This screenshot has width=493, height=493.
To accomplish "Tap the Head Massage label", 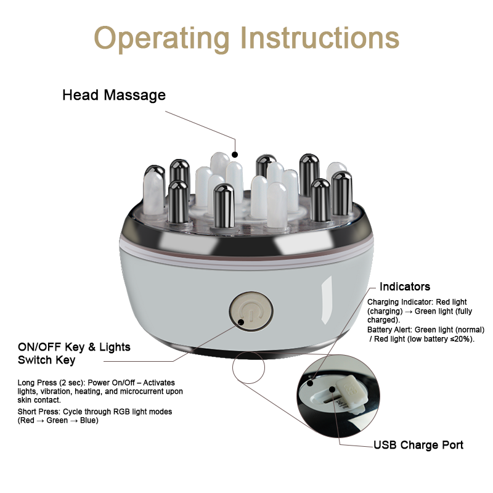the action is pyautogui.click(x=114, y=96).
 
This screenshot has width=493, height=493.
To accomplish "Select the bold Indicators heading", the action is pyautogui.click(x=405, y=287).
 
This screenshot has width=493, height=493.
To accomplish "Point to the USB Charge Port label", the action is pyautogui.click(x=418, y=445).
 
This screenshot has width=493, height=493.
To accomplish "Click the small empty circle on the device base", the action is pyautogui.click(x=248, y=371).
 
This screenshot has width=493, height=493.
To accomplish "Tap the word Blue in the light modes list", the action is pyautogui.click(x=89, y=421).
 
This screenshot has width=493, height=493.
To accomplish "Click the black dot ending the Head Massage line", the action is pyautogui.click(x=234, y=153).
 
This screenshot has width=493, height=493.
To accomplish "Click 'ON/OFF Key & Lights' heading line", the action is pyautogui.click(x=74, y=347).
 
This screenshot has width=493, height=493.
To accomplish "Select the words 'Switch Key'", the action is pyautogui.click(x=47, y=360).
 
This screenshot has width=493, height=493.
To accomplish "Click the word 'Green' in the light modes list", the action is pyautogui.click(x=57, y=421).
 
